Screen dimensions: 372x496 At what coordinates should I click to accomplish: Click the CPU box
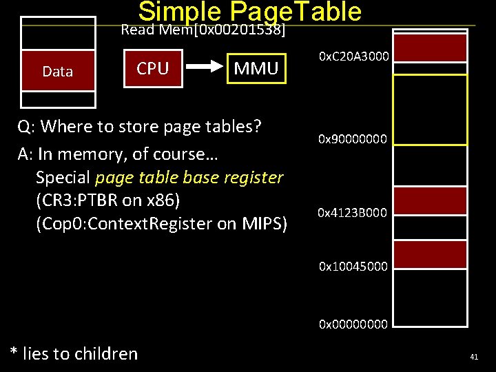click(152, 68)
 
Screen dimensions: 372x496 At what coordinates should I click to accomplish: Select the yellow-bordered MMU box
click(256, 68)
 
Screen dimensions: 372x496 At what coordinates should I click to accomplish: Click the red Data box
click(58, 71)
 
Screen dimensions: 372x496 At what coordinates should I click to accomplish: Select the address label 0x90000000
click(353, 139)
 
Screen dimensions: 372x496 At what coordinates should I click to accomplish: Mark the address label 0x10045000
click(353, 265)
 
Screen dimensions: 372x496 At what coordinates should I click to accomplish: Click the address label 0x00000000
click(353, 323)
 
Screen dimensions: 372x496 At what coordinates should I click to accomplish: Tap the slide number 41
click(474, 357)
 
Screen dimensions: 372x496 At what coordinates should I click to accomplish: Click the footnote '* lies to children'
click(74, 353)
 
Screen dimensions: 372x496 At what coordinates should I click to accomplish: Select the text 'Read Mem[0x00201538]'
click(203, 30)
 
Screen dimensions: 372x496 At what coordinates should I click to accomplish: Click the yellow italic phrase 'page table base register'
click(189, 177)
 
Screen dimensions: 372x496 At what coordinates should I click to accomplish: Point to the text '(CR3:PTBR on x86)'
click(108, 200)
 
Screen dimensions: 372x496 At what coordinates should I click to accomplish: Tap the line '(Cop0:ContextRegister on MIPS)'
click(161, 224)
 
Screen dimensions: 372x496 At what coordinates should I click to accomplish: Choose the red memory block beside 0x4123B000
click(430, 200)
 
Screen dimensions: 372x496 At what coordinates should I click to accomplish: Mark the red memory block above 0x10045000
click(430, 254)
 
